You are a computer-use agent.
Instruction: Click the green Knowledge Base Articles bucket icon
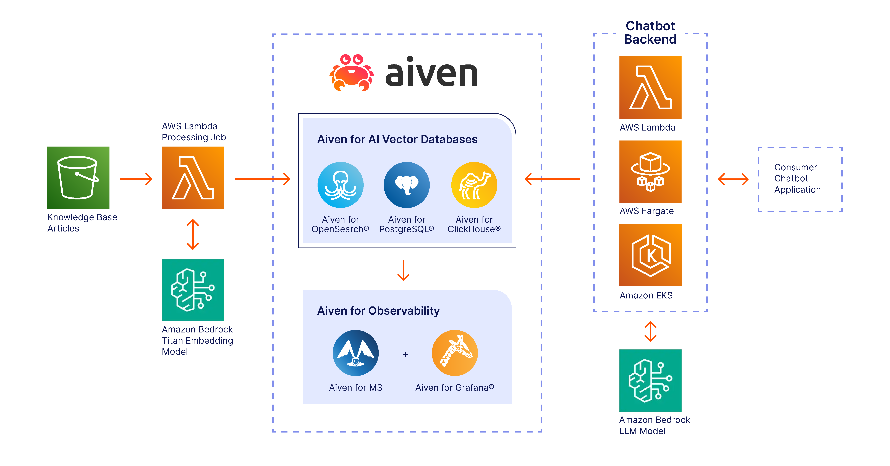pos(78,177)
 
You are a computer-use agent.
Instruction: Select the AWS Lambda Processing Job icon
pos(193,177)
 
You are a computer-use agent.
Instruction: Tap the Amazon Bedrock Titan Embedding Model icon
pos(193,290)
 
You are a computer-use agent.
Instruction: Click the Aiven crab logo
pos(351,73)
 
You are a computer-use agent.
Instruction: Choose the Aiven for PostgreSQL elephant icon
pos(407,185)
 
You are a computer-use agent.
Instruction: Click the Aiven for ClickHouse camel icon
pos(474,185)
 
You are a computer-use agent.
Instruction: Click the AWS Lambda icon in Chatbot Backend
pos(650,87)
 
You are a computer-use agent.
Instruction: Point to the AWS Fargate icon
pos(650,171)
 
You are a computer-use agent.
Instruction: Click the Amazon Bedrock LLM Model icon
pos(650,380)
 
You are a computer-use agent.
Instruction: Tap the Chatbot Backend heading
pos(650,32)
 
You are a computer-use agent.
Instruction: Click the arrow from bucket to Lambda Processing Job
pos(136,179)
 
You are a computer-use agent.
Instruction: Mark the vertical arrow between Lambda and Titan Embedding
pos(193,234)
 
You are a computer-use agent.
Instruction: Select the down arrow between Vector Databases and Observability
pos(404,270)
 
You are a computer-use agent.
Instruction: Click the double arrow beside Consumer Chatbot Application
pos(733,179)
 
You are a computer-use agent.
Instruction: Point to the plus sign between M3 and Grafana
pos(405,355)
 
